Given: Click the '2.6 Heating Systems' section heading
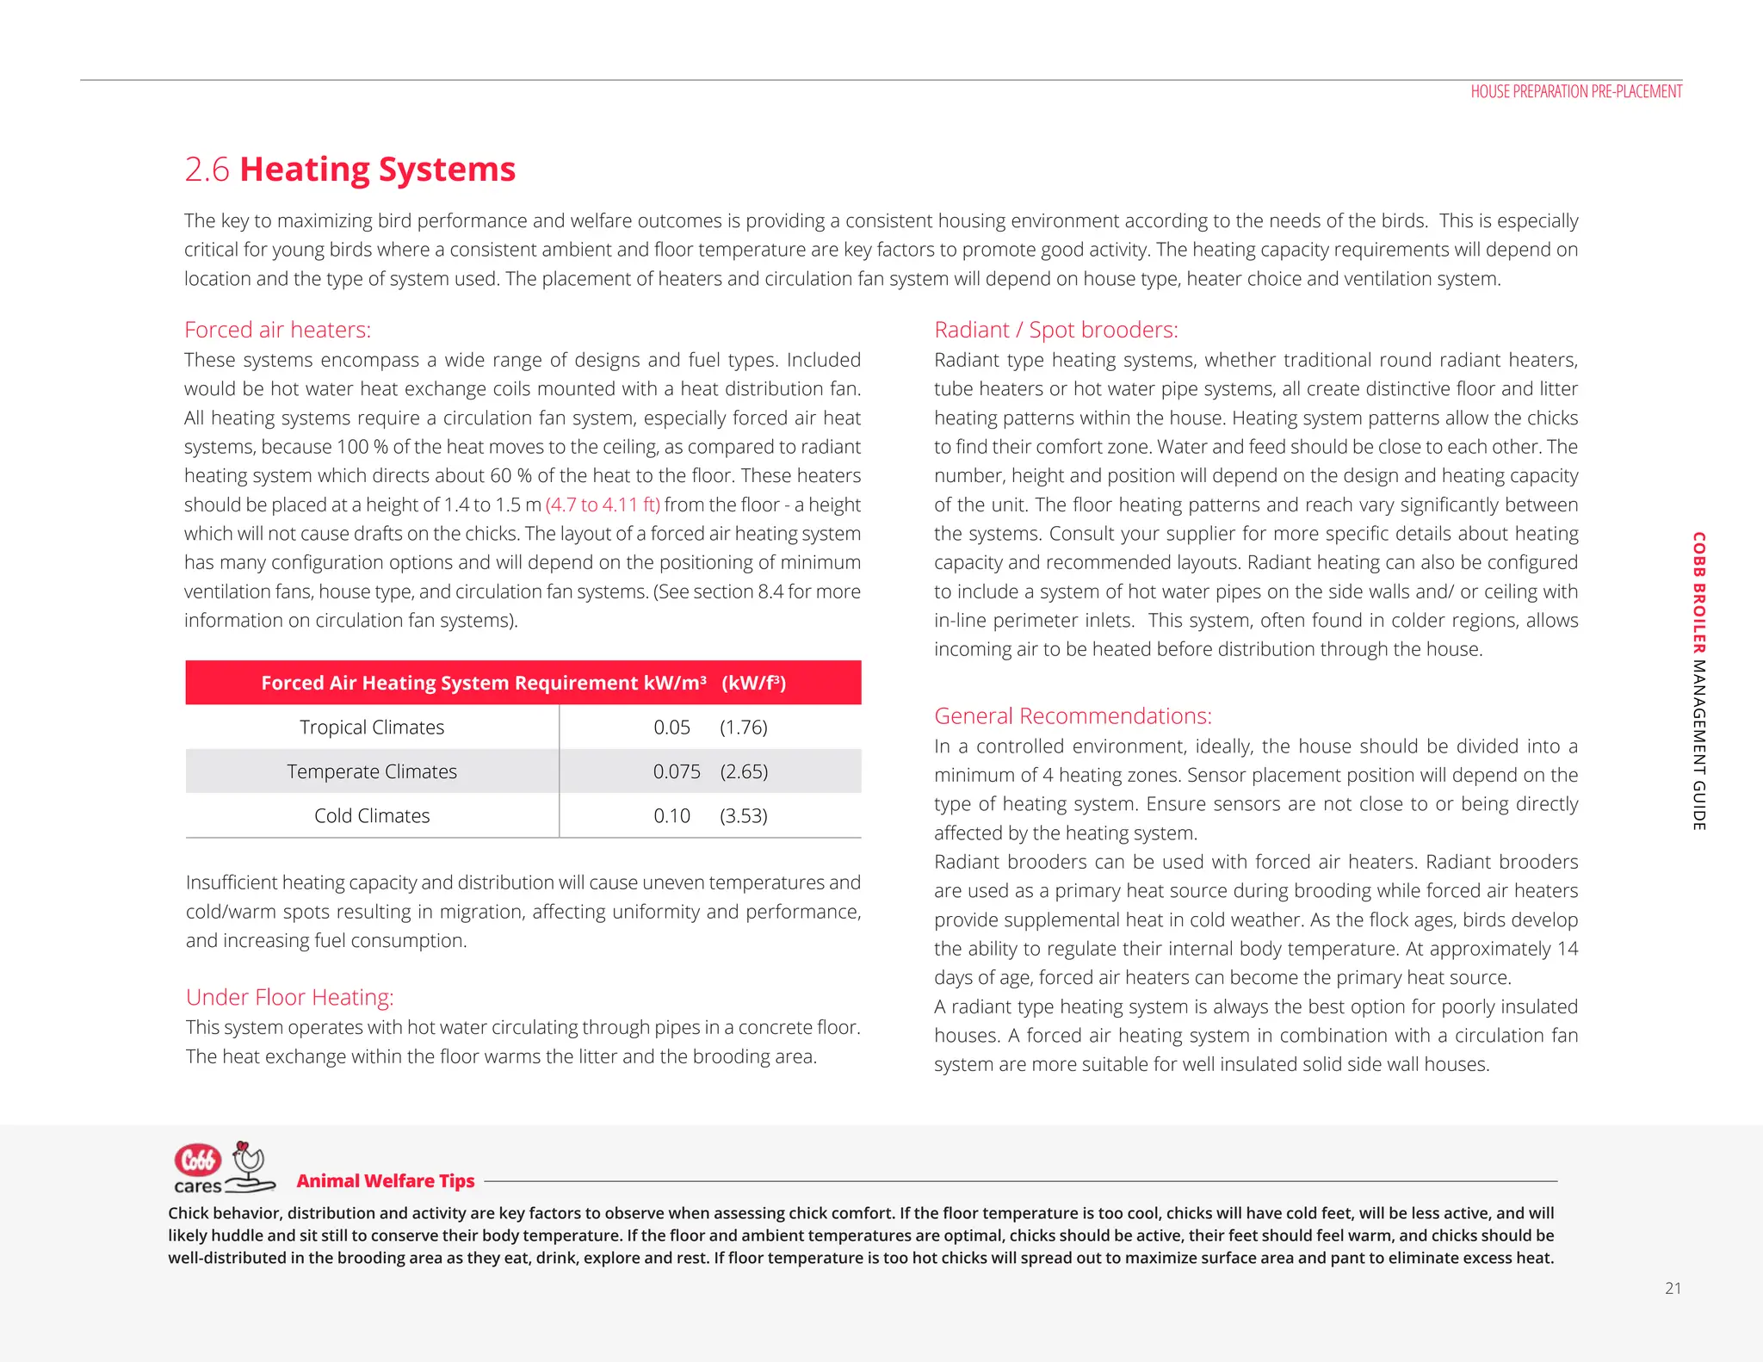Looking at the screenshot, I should tap(350, 170).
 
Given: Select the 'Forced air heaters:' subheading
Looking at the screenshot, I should tap(277, 330).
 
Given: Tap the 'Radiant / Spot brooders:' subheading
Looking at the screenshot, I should tap(1055, 330).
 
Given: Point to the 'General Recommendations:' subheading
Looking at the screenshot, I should tap(1073, 715).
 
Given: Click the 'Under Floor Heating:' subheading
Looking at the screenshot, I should tap(289, 997).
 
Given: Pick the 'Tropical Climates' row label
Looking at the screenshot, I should tap(372, 727).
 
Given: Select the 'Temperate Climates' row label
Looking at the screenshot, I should tap(372, 771).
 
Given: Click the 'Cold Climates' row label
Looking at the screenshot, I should tap(372, 815).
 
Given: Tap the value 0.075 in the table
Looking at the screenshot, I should tap(677, 771).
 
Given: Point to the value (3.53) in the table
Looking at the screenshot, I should tap(744, 815).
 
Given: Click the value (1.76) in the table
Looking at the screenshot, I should tap(744, 727).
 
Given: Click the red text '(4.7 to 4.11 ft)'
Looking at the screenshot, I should tap(603, 505).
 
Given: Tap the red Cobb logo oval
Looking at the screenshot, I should tap(198, 1160).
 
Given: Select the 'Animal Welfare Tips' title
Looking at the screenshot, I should tap(386, 1181).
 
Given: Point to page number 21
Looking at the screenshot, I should tap(1673, 1288).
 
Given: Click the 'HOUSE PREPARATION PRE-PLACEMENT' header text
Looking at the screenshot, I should tap(1575, 91).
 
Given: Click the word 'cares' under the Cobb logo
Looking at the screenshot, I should tap(198, 1186).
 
